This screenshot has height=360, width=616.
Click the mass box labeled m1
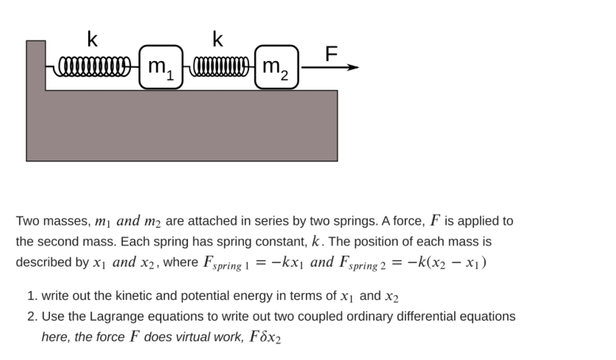(x=161, y=67)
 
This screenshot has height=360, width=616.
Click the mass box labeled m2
(x=276, y=67)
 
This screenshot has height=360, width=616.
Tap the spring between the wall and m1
(x=93, y=65)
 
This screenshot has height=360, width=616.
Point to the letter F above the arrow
(x=332, y=54)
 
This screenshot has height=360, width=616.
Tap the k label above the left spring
(x=92, y=40)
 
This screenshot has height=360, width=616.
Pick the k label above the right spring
(x=217, y=40)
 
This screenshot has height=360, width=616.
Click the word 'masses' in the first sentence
(x=72, y=221)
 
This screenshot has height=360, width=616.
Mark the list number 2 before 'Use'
(x=32, y=317)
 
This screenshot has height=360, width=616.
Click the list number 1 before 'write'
(x=32, y=296)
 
